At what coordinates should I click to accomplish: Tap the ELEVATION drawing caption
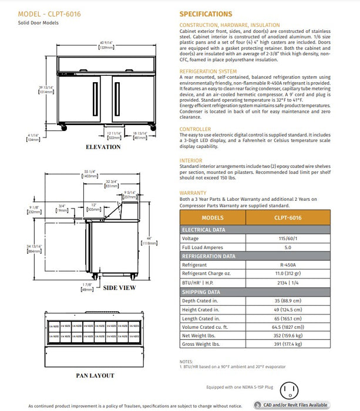(103, 146)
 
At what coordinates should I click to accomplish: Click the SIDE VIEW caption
(119, 288)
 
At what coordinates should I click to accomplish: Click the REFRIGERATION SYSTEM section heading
(208, 71)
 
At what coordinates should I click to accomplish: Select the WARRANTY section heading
(193, 193)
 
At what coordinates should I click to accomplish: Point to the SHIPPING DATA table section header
(201, 291)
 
